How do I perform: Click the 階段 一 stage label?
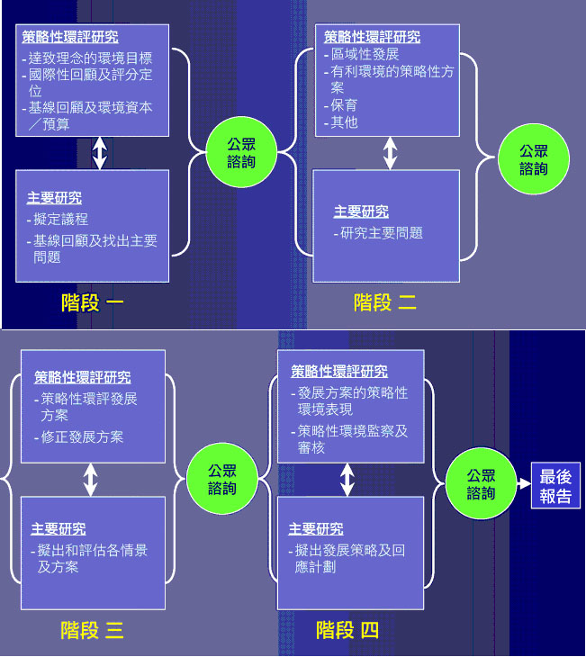pos(93,302)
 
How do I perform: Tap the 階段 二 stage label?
pos(384,302)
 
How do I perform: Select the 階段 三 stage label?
pos(92,631)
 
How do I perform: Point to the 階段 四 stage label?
pos(347,631)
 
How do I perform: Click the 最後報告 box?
pos(556,486)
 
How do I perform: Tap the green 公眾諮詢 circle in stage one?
pos(241,152)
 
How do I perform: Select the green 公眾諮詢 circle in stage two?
pos(533,160)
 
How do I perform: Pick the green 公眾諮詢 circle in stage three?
pos(222,480)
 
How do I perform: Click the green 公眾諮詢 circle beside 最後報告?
pos(481,484)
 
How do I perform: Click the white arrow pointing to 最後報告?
pos(523,484)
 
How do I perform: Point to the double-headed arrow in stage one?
pos(99,153)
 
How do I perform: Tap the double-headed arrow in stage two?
pos(389,153)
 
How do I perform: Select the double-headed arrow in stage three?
pos(90,480)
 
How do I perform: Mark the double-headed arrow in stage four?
pos(347,480)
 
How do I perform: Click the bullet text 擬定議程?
pos(60,219)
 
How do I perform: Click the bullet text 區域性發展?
pos(364,54)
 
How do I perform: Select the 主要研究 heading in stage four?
pos(315,529)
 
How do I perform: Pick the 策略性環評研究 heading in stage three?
pos(82,377)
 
